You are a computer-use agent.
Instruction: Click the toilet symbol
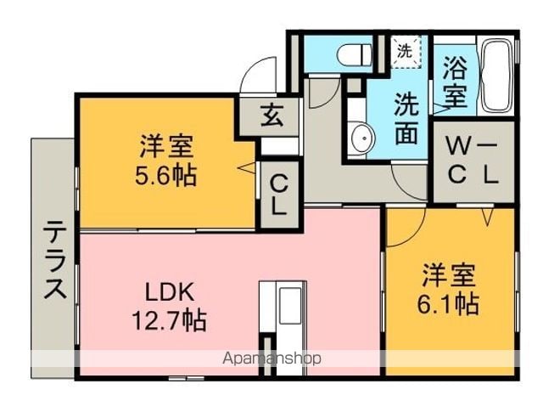click(355, 55)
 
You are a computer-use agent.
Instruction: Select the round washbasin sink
click(362, 138)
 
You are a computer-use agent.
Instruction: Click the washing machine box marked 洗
click(406, 52)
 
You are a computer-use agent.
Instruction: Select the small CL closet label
click(279, 195)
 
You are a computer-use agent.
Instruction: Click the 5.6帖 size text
click(166, 175)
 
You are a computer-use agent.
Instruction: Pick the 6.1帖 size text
click(448, 304)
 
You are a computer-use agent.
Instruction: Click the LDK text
click(170, 293)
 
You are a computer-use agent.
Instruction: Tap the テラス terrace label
click(55, 259)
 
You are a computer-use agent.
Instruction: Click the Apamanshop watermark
click(271, 358)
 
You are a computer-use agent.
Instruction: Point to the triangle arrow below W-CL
click(487, 217)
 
